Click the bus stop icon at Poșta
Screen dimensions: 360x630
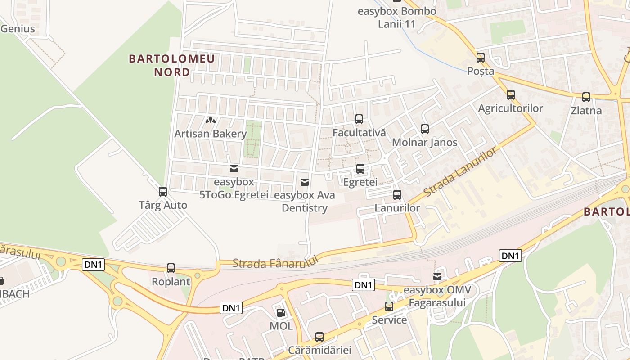pos(481,58)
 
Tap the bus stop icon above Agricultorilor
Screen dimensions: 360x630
pos(510,95)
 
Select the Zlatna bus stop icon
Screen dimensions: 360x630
pos(586,97)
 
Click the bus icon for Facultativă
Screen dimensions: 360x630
pos(359,119)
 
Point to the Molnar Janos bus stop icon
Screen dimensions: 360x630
pos(424,129)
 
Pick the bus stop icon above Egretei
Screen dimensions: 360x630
pos(360,169)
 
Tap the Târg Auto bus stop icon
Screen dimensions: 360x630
pos(163,192)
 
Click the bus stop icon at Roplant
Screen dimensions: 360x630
pos(171,268)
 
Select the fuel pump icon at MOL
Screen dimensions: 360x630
pos(281,312)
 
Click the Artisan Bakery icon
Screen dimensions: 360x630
pos(210,121)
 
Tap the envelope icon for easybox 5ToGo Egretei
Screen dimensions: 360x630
pos(234,169)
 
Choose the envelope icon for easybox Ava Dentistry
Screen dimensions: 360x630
pos(305,182)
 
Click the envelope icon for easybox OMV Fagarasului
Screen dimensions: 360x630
pos(437,277)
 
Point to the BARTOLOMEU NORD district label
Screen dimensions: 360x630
pos(172,65)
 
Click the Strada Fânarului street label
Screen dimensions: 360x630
pos(275,262)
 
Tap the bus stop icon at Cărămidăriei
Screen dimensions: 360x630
pos(319,337)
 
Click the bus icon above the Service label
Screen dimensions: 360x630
pos(389,306)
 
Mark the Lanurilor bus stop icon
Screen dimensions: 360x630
pos(397,195)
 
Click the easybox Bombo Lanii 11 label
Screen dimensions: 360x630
pos(396,18)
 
